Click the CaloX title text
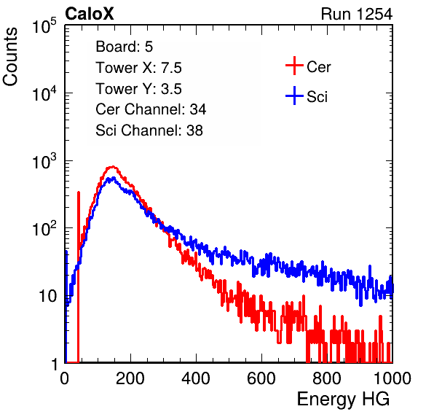(x=90, y=14)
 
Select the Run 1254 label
(x=357, y=14)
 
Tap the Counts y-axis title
(x=10, y=57)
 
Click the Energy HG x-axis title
(x=343, y=400)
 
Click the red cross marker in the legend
(x=294, y=66)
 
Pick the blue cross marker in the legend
(x=294, y=96)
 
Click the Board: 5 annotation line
(x=125, y=47)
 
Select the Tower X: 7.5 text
(x=138, y=68)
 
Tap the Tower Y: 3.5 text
(x=138, y=89)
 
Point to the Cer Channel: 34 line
(x=151, y=109)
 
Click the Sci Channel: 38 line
(x=149, y=130)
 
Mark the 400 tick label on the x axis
(x=196, y=378)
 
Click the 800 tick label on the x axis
(x=327, y=378)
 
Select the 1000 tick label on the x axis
(x=392, y=378)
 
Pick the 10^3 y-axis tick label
(x=44, y=161)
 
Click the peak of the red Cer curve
(x=112, y=167)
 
